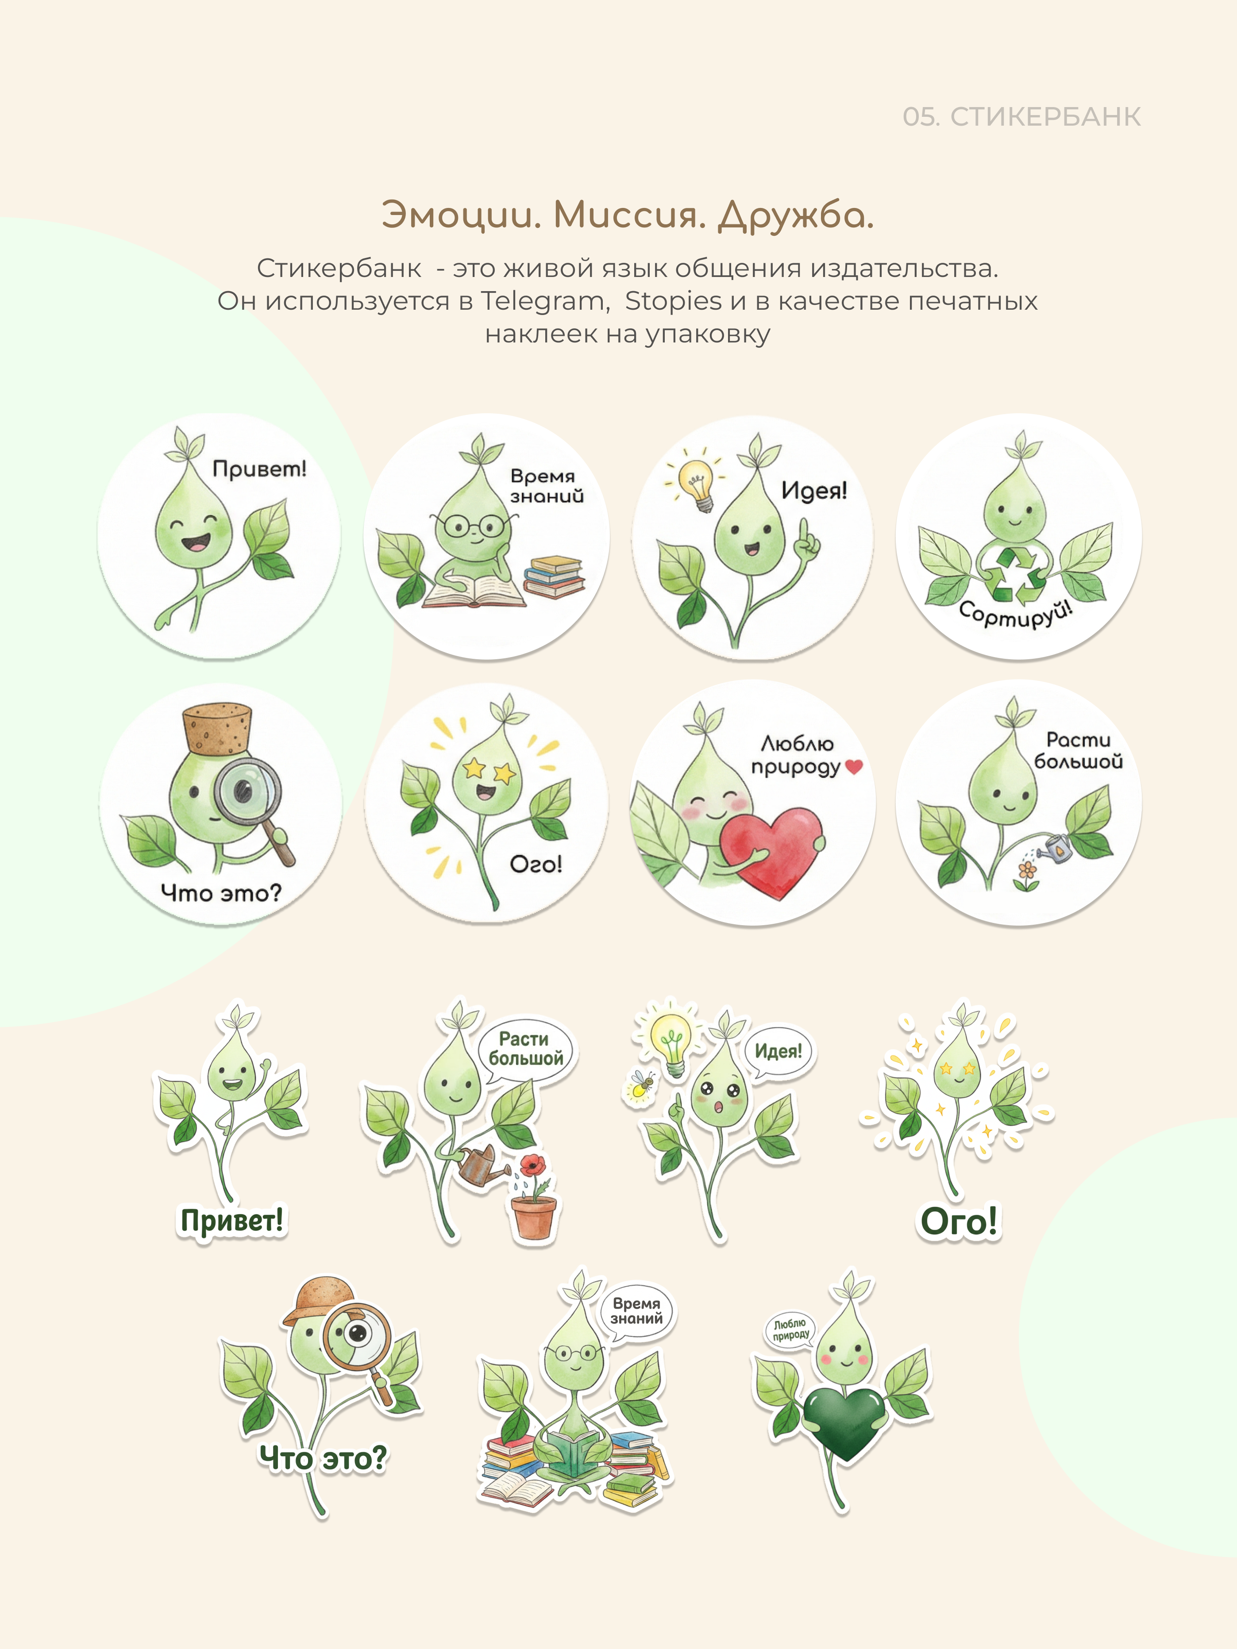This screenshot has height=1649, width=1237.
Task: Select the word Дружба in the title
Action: [796, 216]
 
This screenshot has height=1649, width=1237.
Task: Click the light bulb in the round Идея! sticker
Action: [697, 482]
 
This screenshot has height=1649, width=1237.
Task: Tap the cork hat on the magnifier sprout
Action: [216, 727]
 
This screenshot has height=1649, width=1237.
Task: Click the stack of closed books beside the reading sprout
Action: [554, 577]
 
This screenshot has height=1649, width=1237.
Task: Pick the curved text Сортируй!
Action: [1016, 615]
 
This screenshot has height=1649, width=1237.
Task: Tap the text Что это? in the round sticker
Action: [221, 892]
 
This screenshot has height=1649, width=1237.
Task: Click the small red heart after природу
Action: [854, 765]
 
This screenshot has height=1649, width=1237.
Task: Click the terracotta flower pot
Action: [534, 1217]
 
